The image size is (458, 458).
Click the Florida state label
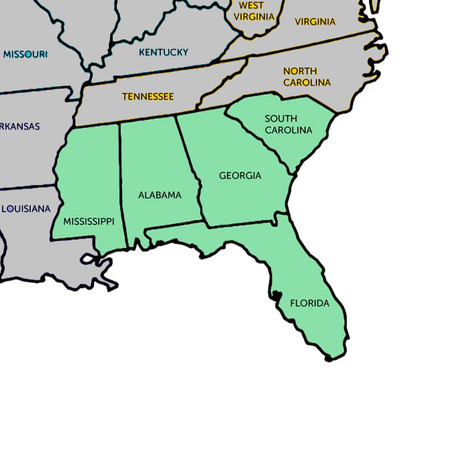click(x=309, y=303)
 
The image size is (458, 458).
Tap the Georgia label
click(x=240, y=176)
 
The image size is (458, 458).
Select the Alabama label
click(x=160, y=195)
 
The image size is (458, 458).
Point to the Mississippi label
click(x=89, y=221)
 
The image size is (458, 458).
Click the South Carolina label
click(x=288, y=124)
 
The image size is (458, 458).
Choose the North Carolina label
click(x=306, y=77)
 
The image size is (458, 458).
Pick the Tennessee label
click(x=148, y=96)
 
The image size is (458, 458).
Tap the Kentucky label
click(x=164, y=52)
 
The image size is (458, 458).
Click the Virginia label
click(x=315, y=21)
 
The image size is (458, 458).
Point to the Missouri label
click(x=25, y=54)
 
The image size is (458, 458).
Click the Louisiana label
click(x=26, y=208)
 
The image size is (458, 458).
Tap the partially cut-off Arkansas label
click(x=20, y=126)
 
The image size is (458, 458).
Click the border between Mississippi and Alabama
click(x=122, y=180)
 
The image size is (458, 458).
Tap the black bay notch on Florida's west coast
click(x=275, y=294)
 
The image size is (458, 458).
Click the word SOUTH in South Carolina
click(x=281, y=119)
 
